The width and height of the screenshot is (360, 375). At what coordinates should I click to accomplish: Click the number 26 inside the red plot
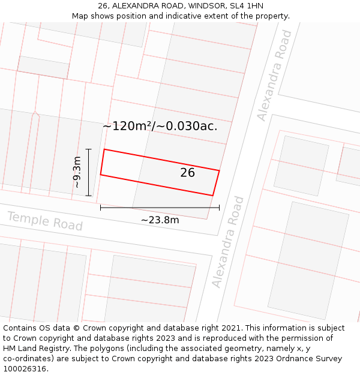(188, 173)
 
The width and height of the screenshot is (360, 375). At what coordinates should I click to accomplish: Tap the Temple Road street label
(45, 221)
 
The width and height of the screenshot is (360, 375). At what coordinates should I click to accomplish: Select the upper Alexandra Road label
(274, 76)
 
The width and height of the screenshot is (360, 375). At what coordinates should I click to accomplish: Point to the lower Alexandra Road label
(229, 241)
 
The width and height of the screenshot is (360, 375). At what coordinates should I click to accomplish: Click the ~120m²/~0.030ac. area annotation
(160, 127)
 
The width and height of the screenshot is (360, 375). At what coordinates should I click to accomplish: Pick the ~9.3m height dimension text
(77, 172)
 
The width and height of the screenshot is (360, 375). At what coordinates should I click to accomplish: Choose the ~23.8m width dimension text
(160, 220)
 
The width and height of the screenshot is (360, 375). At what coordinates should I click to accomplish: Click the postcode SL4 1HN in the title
(246, 6)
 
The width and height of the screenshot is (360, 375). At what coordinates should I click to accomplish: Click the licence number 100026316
(25, 368)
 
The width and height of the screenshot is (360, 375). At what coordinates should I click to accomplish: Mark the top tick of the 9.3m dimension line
(88, 149)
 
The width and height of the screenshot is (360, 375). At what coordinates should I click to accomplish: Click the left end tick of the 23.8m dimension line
(100, 208)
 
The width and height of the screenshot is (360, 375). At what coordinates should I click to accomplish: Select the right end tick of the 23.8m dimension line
(219, 208)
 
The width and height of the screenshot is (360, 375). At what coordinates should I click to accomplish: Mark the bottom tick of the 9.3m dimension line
(88, 196)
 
